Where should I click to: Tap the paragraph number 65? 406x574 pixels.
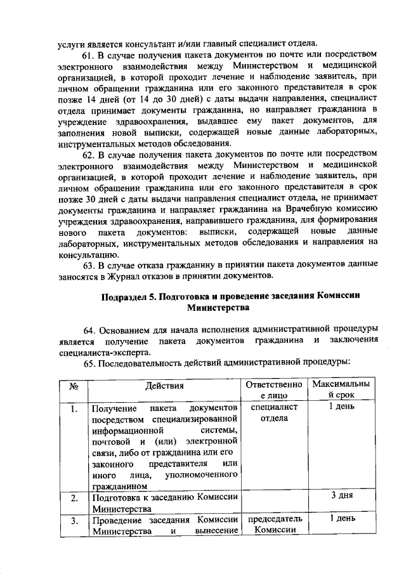(90, 362)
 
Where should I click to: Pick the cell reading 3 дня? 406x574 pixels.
(341, 496)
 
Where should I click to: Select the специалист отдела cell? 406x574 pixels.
(275, 413)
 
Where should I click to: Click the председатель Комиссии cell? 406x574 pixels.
(275, 526)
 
